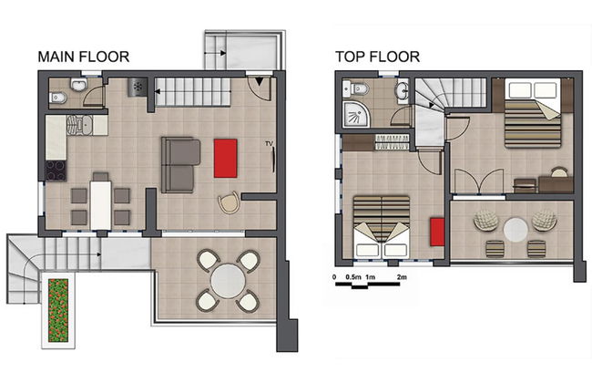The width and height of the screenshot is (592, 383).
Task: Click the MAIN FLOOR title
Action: [84, 57]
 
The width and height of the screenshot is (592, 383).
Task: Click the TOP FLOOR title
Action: [377, 57]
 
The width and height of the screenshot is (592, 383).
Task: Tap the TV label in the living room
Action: [269, 143]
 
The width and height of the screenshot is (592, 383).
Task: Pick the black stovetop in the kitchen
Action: [56, 170]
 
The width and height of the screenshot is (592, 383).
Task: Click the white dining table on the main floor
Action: [100, 204]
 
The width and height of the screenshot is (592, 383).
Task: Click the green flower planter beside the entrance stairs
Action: [57, 310]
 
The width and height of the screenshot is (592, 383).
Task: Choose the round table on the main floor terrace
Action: [228, 281]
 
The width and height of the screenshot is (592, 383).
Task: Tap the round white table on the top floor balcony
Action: [516, 227]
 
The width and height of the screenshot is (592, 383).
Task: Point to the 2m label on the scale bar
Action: [401, 274]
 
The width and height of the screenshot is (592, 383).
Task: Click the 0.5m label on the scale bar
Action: [353, 274]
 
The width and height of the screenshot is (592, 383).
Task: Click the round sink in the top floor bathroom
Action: [402, 90]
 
